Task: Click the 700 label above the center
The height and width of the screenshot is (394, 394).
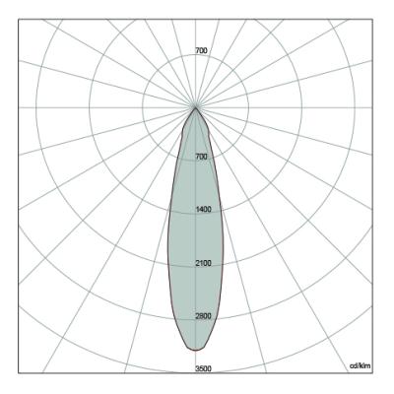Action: (201, 51)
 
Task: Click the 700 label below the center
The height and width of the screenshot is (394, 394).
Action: (201, 157)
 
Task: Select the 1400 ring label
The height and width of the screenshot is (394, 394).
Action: (204, 210)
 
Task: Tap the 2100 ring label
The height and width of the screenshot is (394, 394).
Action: (204, 263)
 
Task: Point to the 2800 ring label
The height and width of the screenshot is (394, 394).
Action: (204, 316)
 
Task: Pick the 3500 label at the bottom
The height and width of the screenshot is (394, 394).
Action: (204, 369)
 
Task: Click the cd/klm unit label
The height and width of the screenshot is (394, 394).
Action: (361, 365)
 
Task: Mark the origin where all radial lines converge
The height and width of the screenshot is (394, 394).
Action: (196, 107)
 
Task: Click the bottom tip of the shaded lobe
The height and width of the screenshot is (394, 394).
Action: (196, 351)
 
